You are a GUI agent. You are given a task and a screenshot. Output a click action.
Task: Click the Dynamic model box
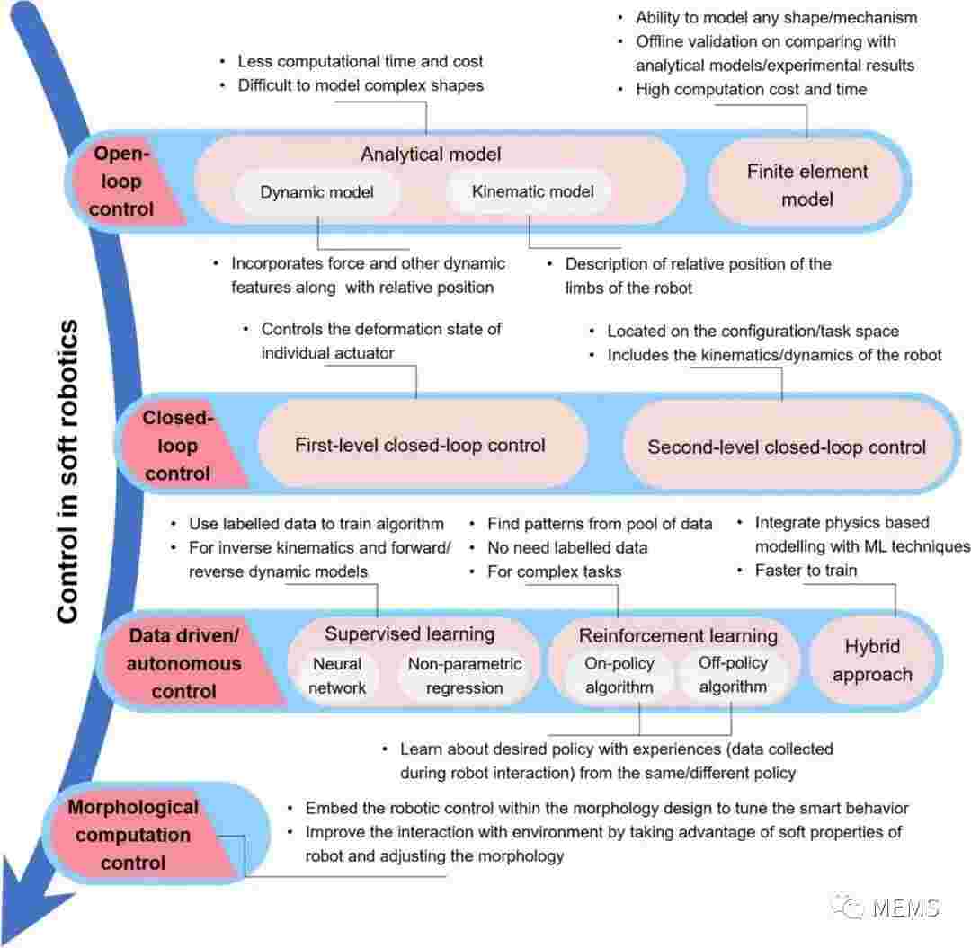point(316,191)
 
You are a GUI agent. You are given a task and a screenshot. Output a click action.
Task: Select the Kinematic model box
point(532,191)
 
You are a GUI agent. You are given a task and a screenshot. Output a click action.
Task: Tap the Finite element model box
point(806,185)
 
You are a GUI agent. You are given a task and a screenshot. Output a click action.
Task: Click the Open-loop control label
point(121,182)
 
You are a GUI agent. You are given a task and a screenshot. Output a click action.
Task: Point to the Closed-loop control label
point(178,446)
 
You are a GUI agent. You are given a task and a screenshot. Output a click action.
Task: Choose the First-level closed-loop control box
point(421,445)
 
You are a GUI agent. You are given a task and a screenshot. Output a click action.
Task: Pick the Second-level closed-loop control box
point(787,447)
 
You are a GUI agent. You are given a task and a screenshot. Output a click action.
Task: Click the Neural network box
point(337,675)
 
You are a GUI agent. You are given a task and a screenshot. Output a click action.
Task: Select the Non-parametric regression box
point(465,675)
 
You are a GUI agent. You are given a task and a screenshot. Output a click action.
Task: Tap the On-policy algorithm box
point(619,675)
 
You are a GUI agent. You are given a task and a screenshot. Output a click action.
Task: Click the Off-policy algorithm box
point(734,674)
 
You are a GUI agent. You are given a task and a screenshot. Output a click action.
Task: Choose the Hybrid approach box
point(872,660)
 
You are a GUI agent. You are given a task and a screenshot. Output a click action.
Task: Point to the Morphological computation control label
point(133,835)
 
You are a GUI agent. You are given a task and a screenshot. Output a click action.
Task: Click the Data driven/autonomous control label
point(184,663)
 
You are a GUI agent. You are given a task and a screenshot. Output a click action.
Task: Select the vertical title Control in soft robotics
point(67,471)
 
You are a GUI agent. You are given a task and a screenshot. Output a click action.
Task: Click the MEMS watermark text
point(905,908)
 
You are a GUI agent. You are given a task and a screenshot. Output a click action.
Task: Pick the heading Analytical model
point(431,154)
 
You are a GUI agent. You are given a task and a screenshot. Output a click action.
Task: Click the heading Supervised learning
point(409,633)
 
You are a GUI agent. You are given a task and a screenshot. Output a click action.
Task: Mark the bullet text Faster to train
point(806,570)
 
